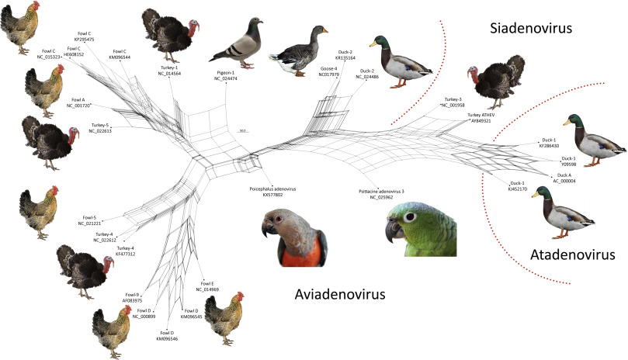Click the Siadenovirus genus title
point(531,29)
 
